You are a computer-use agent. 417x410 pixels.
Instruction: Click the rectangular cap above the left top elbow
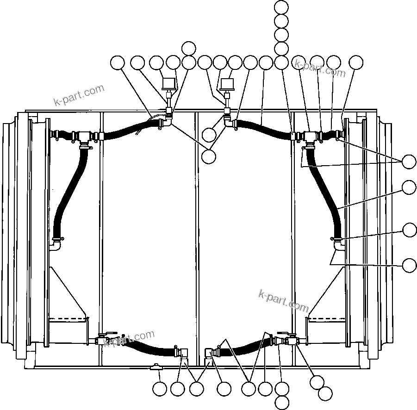point(168,83)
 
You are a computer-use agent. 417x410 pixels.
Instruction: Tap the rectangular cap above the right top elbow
point(228,84)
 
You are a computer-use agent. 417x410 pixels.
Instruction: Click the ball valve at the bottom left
point(105,341)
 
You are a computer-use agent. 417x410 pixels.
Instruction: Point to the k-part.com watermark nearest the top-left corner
point(79,95)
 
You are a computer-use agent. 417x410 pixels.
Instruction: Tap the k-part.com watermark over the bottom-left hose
point(129,338)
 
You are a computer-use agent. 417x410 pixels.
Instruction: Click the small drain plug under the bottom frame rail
point(156,367)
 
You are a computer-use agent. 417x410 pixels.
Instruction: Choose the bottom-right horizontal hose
point(245,348)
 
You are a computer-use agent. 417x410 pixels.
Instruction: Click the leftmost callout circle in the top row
point(118,62)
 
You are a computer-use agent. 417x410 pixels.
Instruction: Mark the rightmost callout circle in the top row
point(356,62)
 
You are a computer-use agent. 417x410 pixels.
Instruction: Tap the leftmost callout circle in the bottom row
point(160,389)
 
